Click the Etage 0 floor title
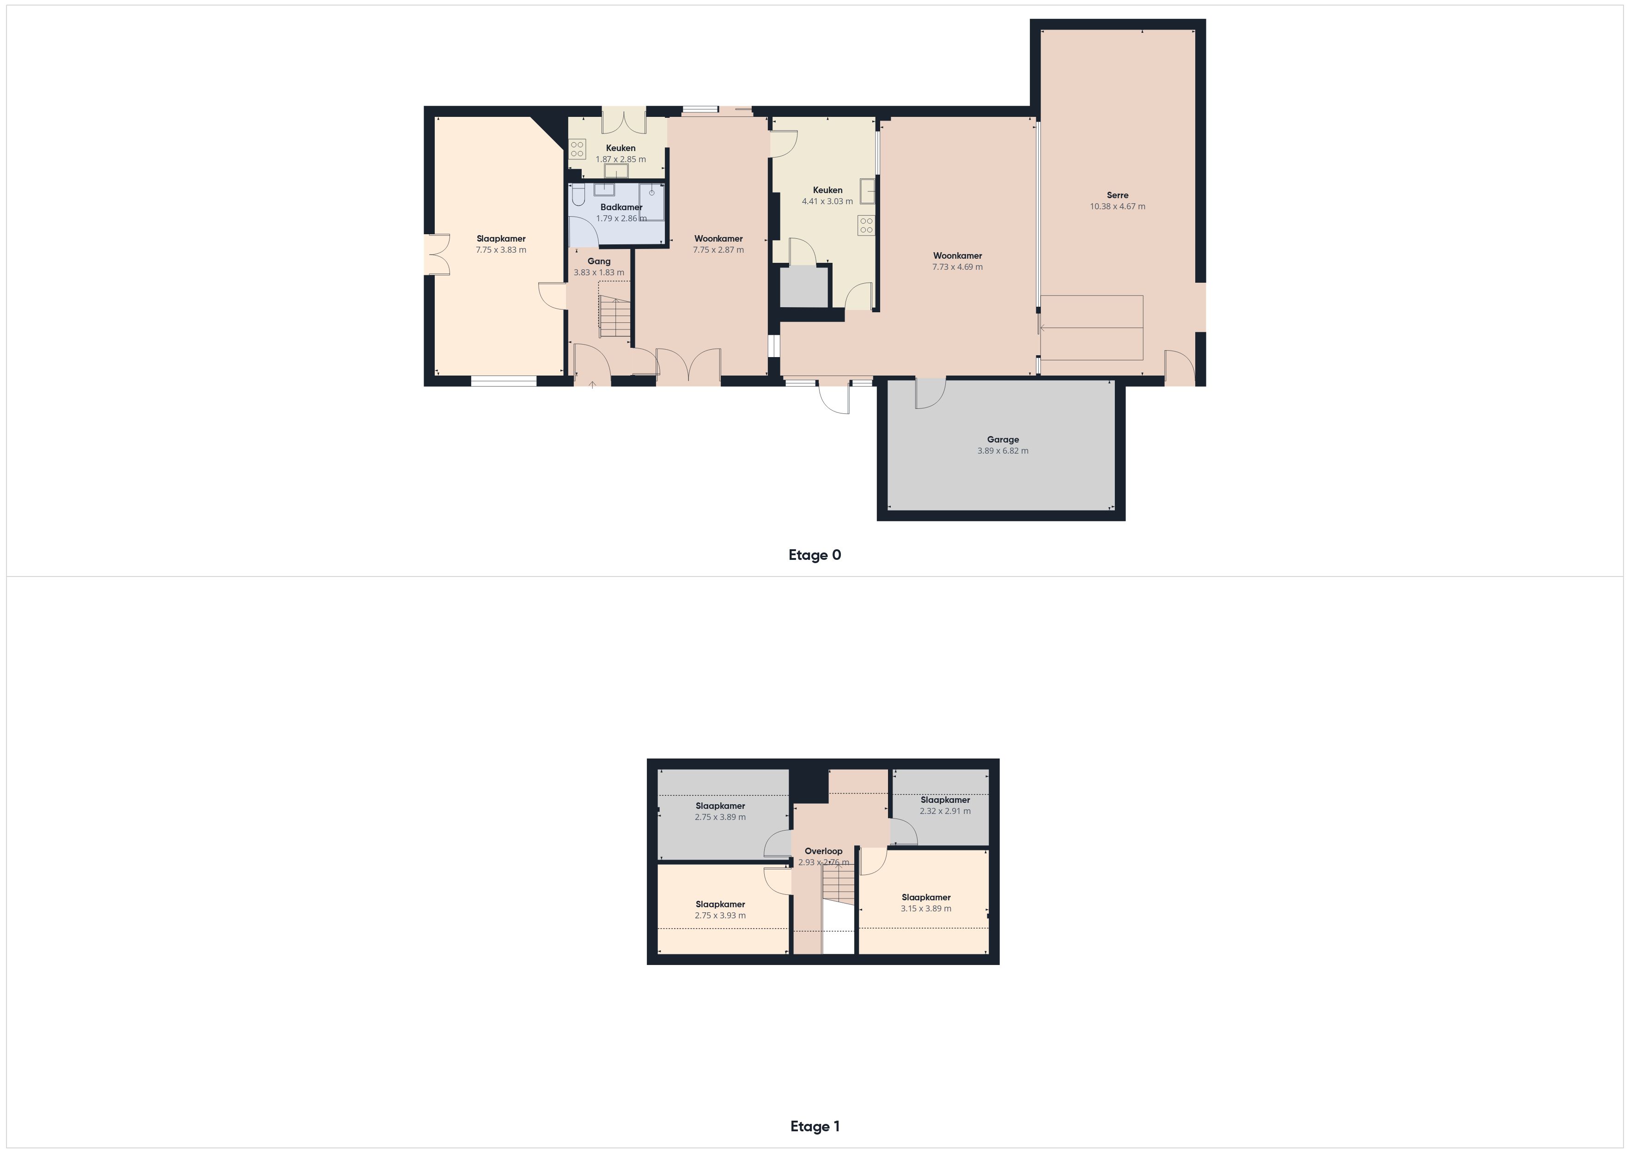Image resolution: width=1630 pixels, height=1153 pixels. (814, 555)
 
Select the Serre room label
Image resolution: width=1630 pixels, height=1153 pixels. (1118, 195)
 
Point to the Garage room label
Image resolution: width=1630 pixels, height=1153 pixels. (1003, 439)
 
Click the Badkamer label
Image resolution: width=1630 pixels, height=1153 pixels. (621, 207)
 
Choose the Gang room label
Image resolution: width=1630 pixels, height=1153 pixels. (598, 261)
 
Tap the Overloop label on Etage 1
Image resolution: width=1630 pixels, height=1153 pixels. (823, 851)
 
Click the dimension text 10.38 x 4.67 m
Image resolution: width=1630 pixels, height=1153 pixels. (1118, 206)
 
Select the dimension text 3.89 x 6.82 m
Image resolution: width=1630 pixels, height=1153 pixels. (1003, 451)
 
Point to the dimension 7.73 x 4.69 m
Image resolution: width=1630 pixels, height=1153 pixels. (957, 267)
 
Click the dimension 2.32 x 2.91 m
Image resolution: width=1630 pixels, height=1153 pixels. (945, 811)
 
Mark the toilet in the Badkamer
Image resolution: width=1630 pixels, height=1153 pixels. (578, 194)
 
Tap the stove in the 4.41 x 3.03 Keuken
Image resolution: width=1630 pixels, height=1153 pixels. (866, 226)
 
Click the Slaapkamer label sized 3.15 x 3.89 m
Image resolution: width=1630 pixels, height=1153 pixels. (926, 898)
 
